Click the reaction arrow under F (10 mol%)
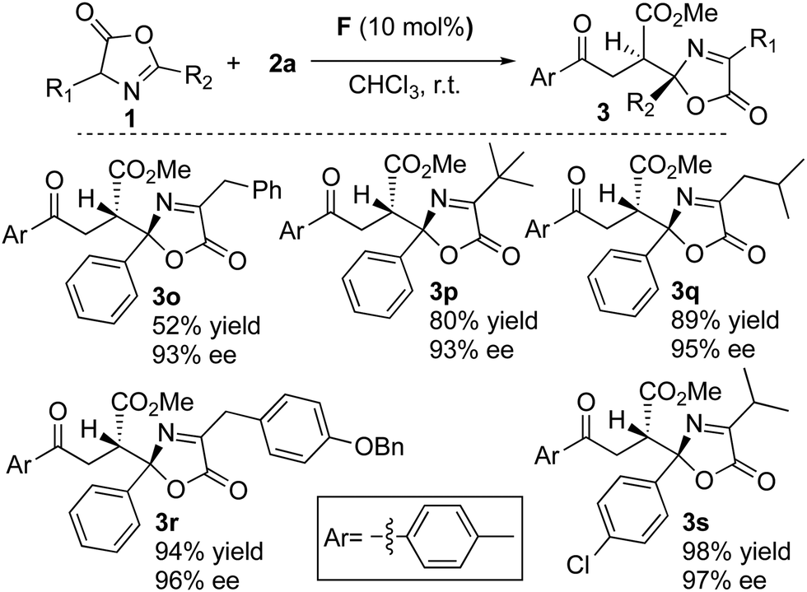click(413, 61)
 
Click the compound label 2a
click(282, 64)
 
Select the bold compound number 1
click(127, 120)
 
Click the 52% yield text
click(207, 325)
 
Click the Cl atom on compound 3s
click(577, 565)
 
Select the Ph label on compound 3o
click(267, 190)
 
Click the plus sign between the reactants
click(235, 63)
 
